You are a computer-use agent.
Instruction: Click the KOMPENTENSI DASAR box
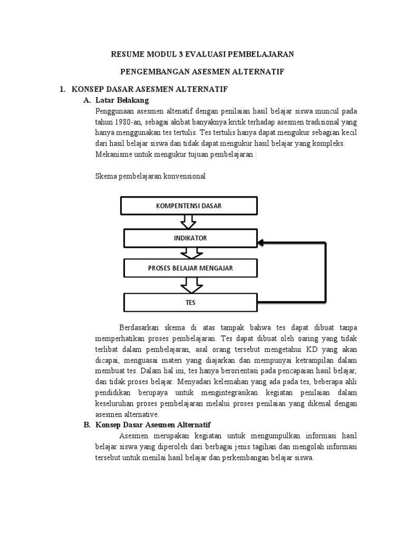(189, 206)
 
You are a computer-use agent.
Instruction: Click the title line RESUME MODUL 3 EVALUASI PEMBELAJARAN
(202, 54)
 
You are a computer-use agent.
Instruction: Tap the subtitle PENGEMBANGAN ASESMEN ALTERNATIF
(202, 72)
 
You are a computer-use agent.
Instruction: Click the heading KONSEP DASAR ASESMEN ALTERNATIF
(150, 90)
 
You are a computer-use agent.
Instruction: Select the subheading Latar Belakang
(122, 100)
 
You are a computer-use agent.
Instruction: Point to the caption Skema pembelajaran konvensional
(150, 176)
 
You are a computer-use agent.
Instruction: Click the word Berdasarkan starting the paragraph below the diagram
(140, 326)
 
